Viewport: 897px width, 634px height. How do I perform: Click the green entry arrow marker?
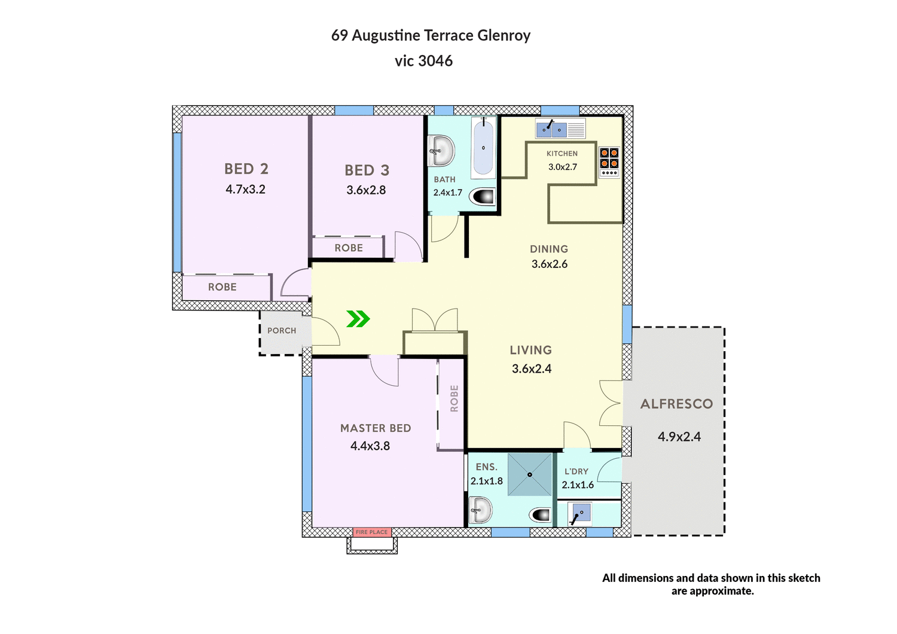pos(358,319)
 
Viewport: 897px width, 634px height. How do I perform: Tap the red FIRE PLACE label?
pos(371,532)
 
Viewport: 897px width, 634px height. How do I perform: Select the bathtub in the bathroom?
pos(483,147)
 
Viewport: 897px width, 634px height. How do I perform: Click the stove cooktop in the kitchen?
pos(609,161)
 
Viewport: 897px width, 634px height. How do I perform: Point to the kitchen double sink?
pos(551,129)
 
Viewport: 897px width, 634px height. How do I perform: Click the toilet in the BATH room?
pos(483,196)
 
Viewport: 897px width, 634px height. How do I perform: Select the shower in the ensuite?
pos(530,475)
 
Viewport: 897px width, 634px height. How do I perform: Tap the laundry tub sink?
pos(579,513)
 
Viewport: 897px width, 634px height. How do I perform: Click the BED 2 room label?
pos(246,169)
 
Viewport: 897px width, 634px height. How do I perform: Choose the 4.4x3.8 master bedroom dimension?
pos(370,446)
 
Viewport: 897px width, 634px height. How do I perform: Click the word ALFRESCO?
pos(676,404)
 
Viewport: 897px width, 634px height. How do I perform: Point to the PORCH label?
pos(282,331)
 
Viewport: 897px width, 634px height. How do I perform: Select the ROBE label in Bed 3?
pos(349,248)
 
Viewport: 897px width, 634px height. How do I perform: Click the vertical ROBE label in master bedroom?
pos(454,398)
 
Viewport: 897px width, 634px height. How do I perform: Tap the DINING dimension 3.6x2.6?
pos(549,264)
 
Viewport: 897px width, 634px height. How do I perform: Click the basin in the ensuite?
pos(480,511)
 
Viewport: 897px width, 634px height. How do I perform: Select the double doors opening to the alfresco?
pos(611,404)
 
